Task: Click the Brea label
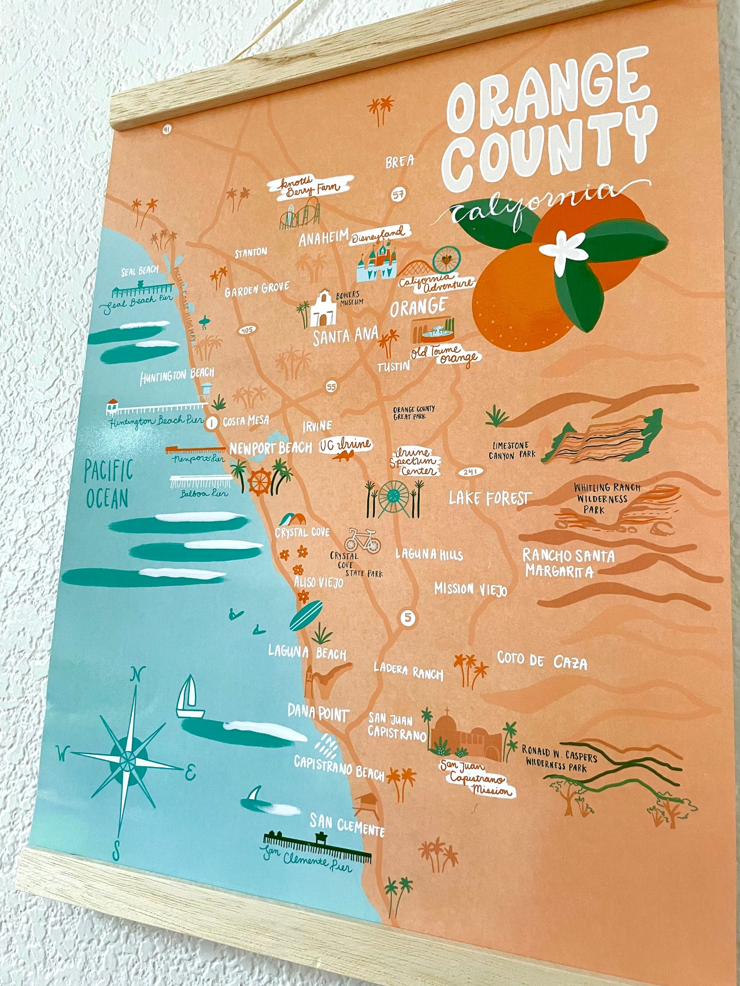point(400,162)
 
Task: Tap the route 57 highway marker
point(398,195)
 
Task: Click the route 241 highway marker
point(471,472)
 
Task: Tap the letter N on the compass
point(137,673)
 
